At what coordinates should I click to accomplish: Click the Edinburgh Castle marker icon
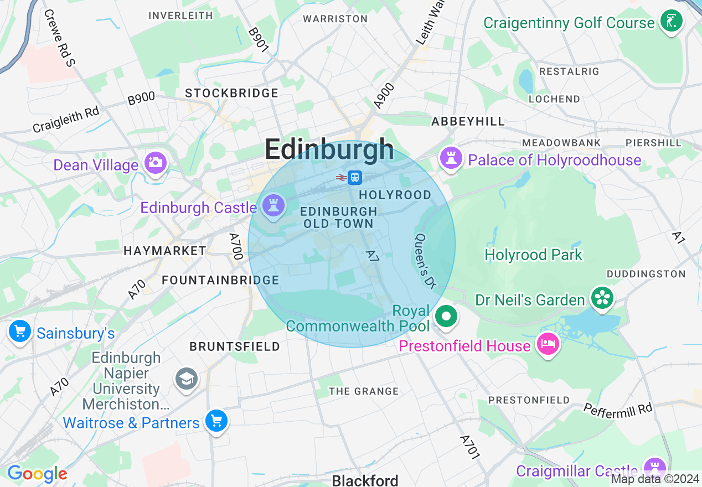273,206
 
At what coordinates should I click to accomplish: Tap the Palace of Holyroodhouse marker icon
451,159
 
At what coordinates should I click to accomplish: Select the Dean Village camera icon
156,163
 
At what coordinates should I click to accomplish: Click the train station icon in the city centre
355,178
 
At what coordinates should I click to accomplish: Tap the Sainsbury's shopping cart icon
20,332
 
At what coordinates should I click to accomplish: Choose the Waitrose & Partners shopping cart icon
216,422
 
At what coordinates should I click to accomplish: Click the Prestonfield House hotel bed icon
548,344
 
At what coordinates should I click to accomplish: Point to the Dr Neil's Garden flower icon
601,298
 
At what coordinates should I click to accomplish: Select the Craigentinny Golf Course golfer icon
671,22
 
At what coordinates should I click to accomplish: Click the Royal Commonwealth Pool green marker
446,317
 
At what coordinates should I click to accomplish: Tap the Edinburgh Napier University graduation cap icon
187,379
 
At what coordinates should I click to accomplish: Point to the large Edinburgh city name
329,149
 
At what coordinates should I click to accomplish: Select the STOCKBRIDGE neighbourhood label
231,93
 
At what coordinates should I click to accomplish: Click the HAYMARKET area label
165,251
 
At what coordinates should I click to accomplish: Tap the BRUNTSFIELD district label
235,346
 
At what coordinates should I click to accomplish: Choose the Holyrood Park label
533,255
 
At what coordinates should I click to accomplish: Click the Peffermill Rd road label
618,409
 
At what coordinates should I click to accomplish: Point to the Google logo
37,474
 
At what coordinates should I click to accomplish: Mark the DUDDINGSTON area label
646,274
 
